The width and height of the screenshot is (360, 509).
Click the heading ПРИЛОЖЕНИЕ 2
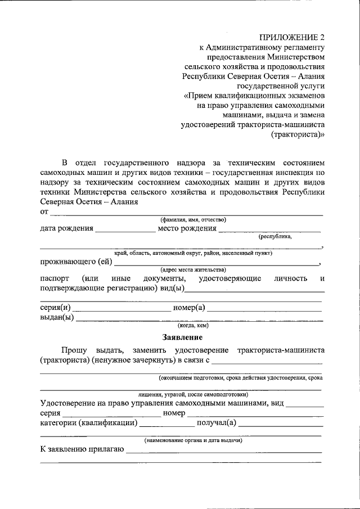pos(291,38)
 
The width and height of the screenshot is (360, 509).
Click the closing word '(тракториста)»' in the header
pos(298,135)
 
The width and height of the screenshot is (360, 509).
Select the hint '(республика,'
pos(275,237)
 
